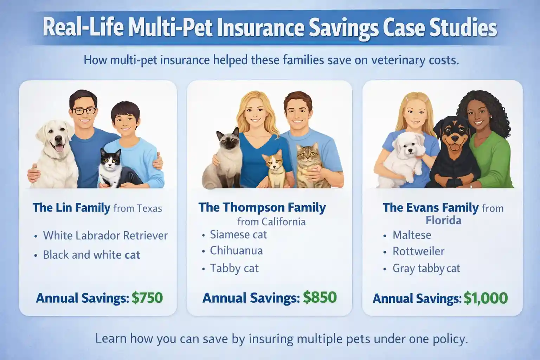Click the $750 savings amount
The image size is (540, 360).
pyautogui.click(x=147, y=298)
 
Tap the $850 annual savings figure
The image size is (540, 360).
pyautogui.click(x=320, y=297)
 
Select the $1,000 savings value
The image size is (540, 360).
pyautogui.click(x=486, y=298)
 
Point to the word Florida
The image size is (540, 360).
pyautogui.click(x=443, y=221)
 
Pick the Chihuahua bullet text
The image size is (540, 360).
pyautogui.click(x=236, y=251)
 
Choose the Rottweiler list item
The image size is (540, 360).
pyautogui.click(x=418, y=251)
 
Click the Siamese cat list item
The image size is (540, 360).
pyautogui.click(x=238, y=234)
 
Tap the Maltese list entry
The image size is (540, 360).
pyautogui.click(x=412, y=235)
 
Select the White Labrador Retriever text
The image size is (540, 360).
pyautogui.click(x=105, y=236)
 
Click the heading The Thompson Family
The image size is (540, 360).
pyautogui.click(x=262, y=207)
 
